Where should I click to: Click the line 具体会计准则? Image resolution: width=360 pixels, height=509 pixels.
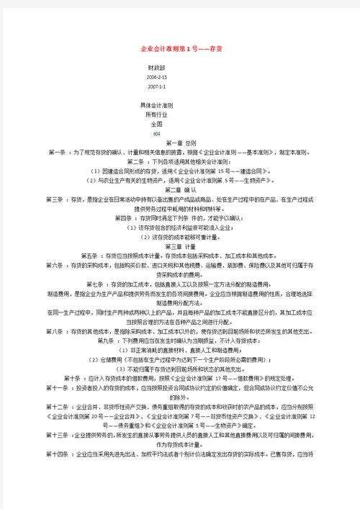click(x=158, y=105)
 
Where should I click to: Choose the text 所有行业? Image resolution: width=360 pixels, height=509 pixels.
click(x=155, y=114)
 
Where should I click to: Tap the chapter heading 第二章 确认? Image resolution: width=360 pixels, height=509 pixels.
click(x=169, y=190)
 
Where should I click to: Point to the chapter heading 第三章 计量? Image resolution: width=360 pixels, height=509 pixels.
click(x=169, y=246)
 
